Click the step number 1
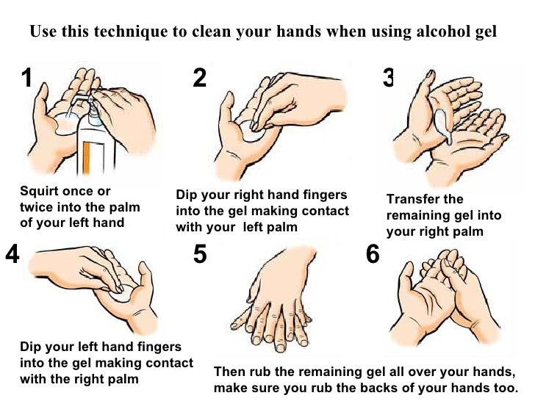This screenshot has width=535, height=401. [26, 77]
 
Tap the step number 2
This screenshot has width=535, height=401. [200, 77]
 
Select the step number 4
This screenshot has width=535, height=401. [12, 253]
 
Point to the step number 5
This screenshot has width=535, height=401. [200, 253]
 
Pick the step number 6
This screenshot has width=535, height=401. [373, 253]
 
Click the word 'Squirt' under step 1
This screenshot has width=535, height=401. [38, 191]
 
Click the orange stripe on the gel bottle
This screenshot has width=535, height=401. [86, 158]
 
